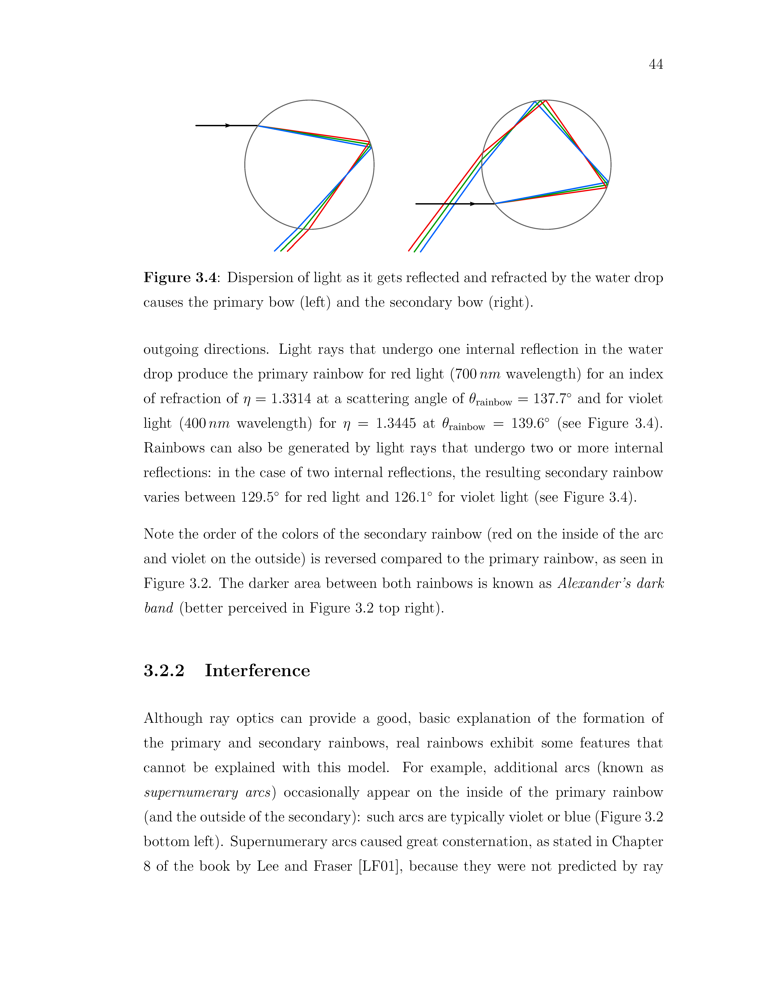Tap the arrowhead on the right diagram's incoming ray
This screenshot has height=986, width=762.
[472, 204]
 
